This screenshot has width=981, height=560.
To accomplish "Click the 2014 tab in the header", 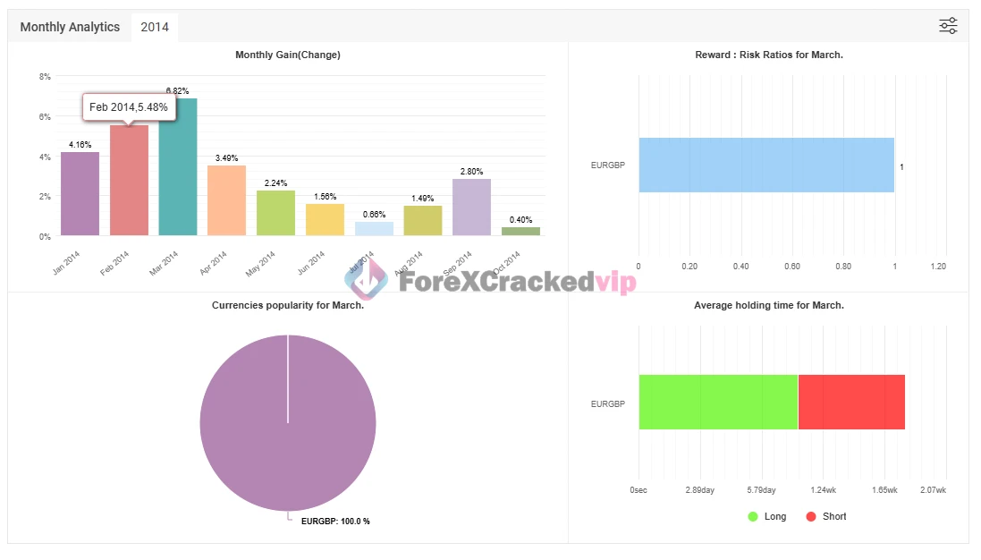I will tap(155, 27).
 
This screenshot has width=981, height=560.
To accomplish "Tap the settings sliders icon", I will tap(948, 26).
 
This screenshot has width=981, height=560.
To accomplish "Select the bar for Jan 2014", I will tap(80, 194).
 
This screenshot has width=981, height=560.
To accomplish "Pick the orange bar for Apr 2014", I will tap(226, 200).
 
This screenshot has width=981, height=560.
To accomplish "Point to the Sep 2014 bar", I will tap(471, 207).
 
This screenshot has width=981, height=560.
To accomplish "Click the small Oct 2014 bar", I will tap(520, 232).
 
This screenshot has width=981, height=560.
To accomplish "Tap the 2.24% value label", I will tap(275, 183).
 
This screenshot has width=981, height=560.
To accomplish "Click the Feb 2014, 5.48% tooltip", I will tap(128, 107).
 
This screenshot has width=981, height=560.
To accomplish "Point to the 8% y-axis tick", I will tap(45, 77).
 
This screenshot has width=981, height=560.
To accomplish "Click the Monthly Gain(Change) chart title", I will tap(287, 55).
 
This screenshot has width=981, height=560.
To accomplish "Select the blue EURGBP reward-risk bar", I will tap(766, 165).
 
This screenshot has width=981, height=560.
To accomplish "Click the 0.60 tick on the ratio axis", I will tap(791, 267).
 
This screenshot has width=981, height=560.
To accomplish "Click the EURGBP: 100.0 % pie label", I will tap(335, 522).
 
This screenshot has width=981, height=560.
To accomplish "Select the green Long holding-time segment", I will tap(718, 403).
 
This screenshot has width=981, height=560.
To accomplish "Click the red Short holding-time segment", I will tap(851, 403).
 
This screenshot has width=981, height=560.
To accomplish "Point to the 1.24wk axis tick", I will tap(824, 490).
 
